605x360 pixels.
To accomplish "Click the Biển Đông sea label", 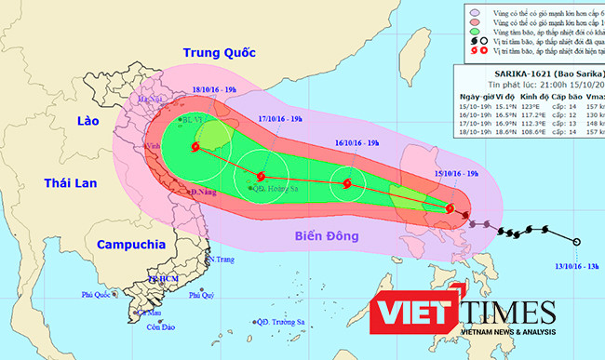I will [324, 236].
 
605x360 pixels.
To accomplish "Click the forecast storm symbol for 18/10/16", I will [195, 147].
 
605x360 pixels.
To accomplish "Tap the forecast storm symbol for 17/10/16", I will [262, 177].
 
